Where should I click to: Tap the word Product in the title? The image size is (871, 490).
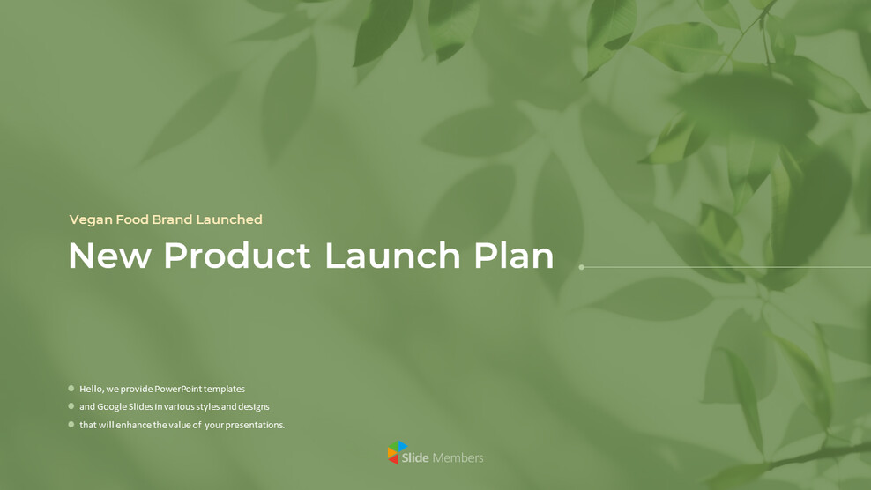pyautogui.click(x=236, y=256)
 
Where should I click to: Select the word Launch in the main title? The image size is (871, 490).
pyautogui.click(x=392, y=256)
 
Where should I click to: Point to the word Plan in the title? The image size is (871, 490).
pyautogui.click(x=514, y=256)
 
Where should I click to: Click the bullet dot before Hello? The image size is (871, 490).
pyautogui.click(x=71, y=388)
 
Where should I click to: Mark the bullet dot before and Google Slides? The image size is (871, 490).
pyautogui.click(x=71, y=406)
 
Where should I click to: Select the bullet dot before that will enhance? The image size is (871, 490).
pyautogui.click(x=71, y=424)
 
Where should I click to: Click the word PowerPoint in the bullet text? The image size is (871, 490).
pyautogui.click(x=177, y=389)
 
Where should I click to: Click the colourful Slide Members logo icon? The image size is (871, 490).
pyautogui.click(x=398, y=453)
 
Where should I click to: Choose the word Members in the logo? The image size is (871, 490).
pyautogui.click(x=458, y=458)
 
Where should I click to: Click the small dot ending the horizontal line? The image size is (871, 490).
pyautogui.click(x=582, y=267)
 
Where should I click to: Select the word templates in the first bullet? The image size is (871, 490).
pyautogui.click(x=224, y=389)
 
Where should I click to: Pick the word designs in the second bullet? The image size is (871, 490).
pyautogui.click(x=252, y=407)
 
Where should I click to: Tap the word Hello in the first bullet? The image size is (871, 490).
pyautogui.click(x=91, y=389)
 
